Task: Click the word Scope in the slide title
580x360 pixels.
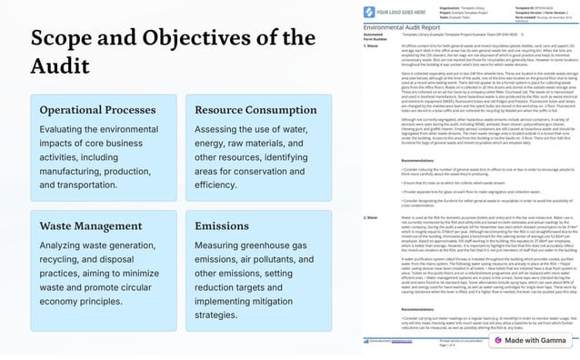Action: (x=63, y=41)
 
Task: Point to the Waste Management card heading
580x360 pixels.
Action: (x=92, y=225)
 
